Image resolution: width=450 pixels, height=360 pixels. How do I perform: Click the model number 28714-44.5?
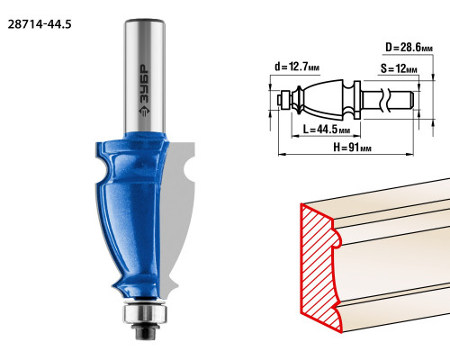pos(40,24)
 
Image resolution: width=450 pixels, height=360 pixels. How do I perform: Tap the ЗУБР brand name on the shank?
pos(144,85)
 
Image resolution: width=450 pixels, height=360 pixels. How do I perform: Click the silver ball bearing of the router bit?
pos(145,313)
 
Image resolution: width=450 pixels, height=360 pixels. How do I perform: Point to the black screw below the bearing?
pos(145,332)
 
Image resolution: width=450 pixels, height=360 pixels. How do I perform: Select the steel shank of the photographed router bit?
pos(145,76)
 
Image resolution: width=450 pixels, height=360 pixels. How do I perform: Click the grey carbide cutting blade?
pos(178,217)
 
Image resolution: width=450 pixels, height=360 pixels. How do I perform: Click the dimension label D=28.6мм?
pos(409,48)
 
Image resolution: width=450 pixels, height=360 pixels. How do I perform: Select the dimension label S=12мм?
pos(399,68)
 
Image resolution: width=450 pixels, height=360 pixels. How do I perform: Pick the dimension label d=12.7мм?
pos(297,67)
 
